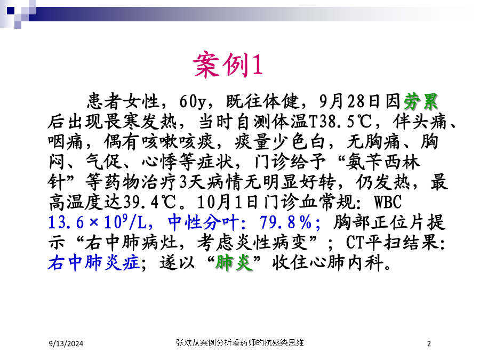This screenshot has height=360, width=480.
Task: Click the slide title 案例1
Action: [x=228, y=65]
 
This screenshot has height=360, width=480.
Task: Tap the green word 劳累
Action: [x=421, y=101]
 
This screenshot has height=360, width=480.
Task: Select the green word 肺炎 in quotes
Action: [x=234, y=262]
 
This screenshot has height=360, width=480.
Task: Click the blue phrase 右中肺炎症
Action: [x=94, y=262]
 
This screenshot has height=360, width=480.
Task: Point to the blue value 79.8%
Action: [x=286, y=222]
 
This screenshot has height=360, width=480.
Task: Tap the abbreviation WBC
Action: [x=388, y=202]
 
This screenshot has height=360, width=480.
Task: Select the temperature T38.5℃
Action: [x=341, y=122]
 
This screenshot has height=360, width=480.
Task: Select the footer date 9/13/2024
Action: [x=66, y=344]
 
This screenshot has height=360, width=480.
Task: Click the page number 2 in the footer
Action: [x=429, y=344]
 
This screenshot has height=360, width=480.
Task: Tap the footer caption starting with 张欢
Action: [x=239, y=342]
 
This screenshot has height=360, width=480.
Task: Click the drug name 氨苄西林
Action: [x=383, y=162]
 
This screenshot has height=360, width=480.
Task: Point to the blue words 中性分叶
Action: [x=203, y=222]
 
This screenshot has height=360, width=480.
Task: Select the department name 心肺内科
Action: [x=347, y=263]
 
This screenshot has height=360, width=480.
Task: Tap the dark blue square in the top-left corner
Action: [x=11, y=11]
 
